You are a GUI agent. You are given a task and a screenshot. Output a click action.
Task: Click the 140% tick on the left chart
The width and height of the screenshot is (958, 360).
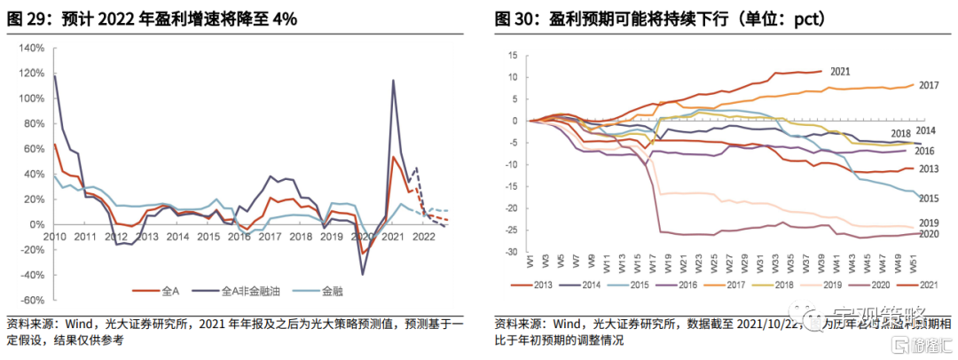tap(29, 47)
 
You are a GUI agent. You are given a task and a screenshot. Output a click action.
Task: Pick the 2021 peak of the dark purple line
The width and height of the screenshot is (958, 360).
tap(393, 81)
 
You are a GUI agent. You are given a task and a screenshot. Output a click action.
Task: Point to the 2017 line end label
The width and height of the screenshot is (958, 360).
tap(929, 85)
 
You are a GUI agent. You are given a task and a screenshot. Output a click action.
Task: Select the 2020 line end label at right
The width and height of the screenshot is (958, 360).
tap(929, 234)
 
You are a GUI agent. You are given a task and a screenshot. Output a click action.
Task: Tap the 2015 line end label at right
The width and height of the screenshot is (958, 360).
tap(929, 198)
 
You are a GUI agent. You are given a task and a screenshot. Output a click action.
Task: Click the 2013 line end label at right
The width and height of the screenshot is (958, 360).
tap(929, 168)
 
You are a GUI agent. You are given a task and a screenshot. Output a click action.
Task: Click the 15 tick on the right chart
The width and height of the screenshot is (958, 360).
tap(512, 55)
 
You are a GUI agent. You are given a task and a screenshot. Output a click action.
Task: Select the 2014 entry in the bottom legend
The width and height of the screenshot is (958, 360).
tap(594, 285)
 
